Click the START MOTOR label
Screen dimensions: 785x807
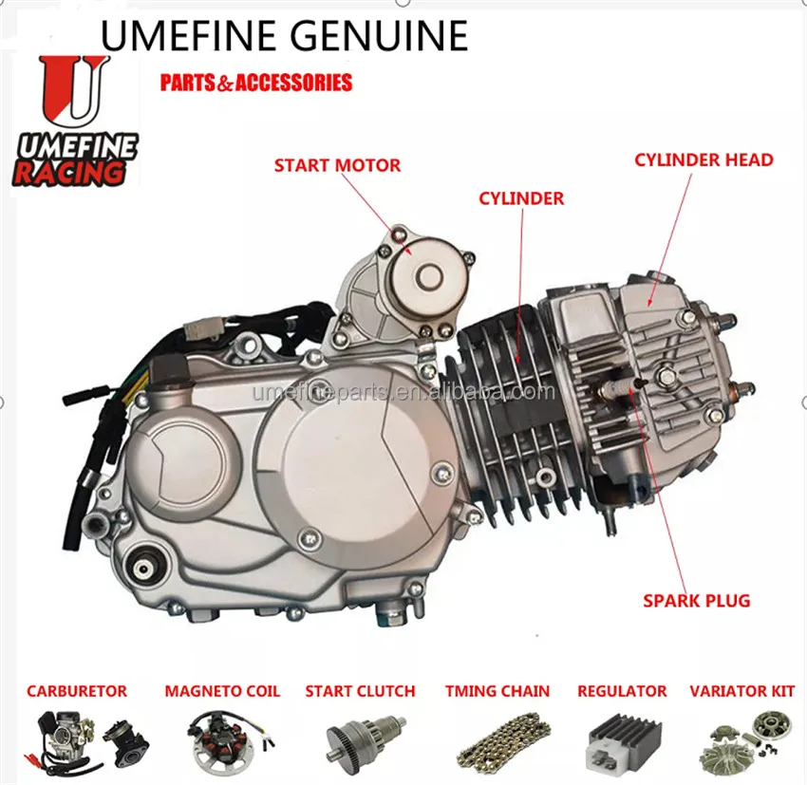click(x=337, y=165)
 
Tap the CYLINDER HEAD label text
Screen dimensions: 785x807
click(x=704, y=159)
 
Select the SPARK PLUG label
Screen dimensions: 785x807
click(x=696, y=600)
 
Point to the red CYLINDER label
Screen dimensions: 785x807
click(x=521, y=198)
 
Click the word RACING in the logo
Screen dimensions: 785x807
click(x=68, y=173)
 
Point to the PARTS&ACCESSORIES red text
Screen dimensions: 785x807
click(x=256, y=83)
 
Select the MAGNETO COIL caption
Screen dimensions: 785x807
click(x=222, y=691)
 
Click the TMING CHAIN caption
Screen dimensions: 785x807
click(x=497, y=691)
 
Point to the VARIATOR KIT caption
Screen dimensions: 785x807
click(x=741, y=691)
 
